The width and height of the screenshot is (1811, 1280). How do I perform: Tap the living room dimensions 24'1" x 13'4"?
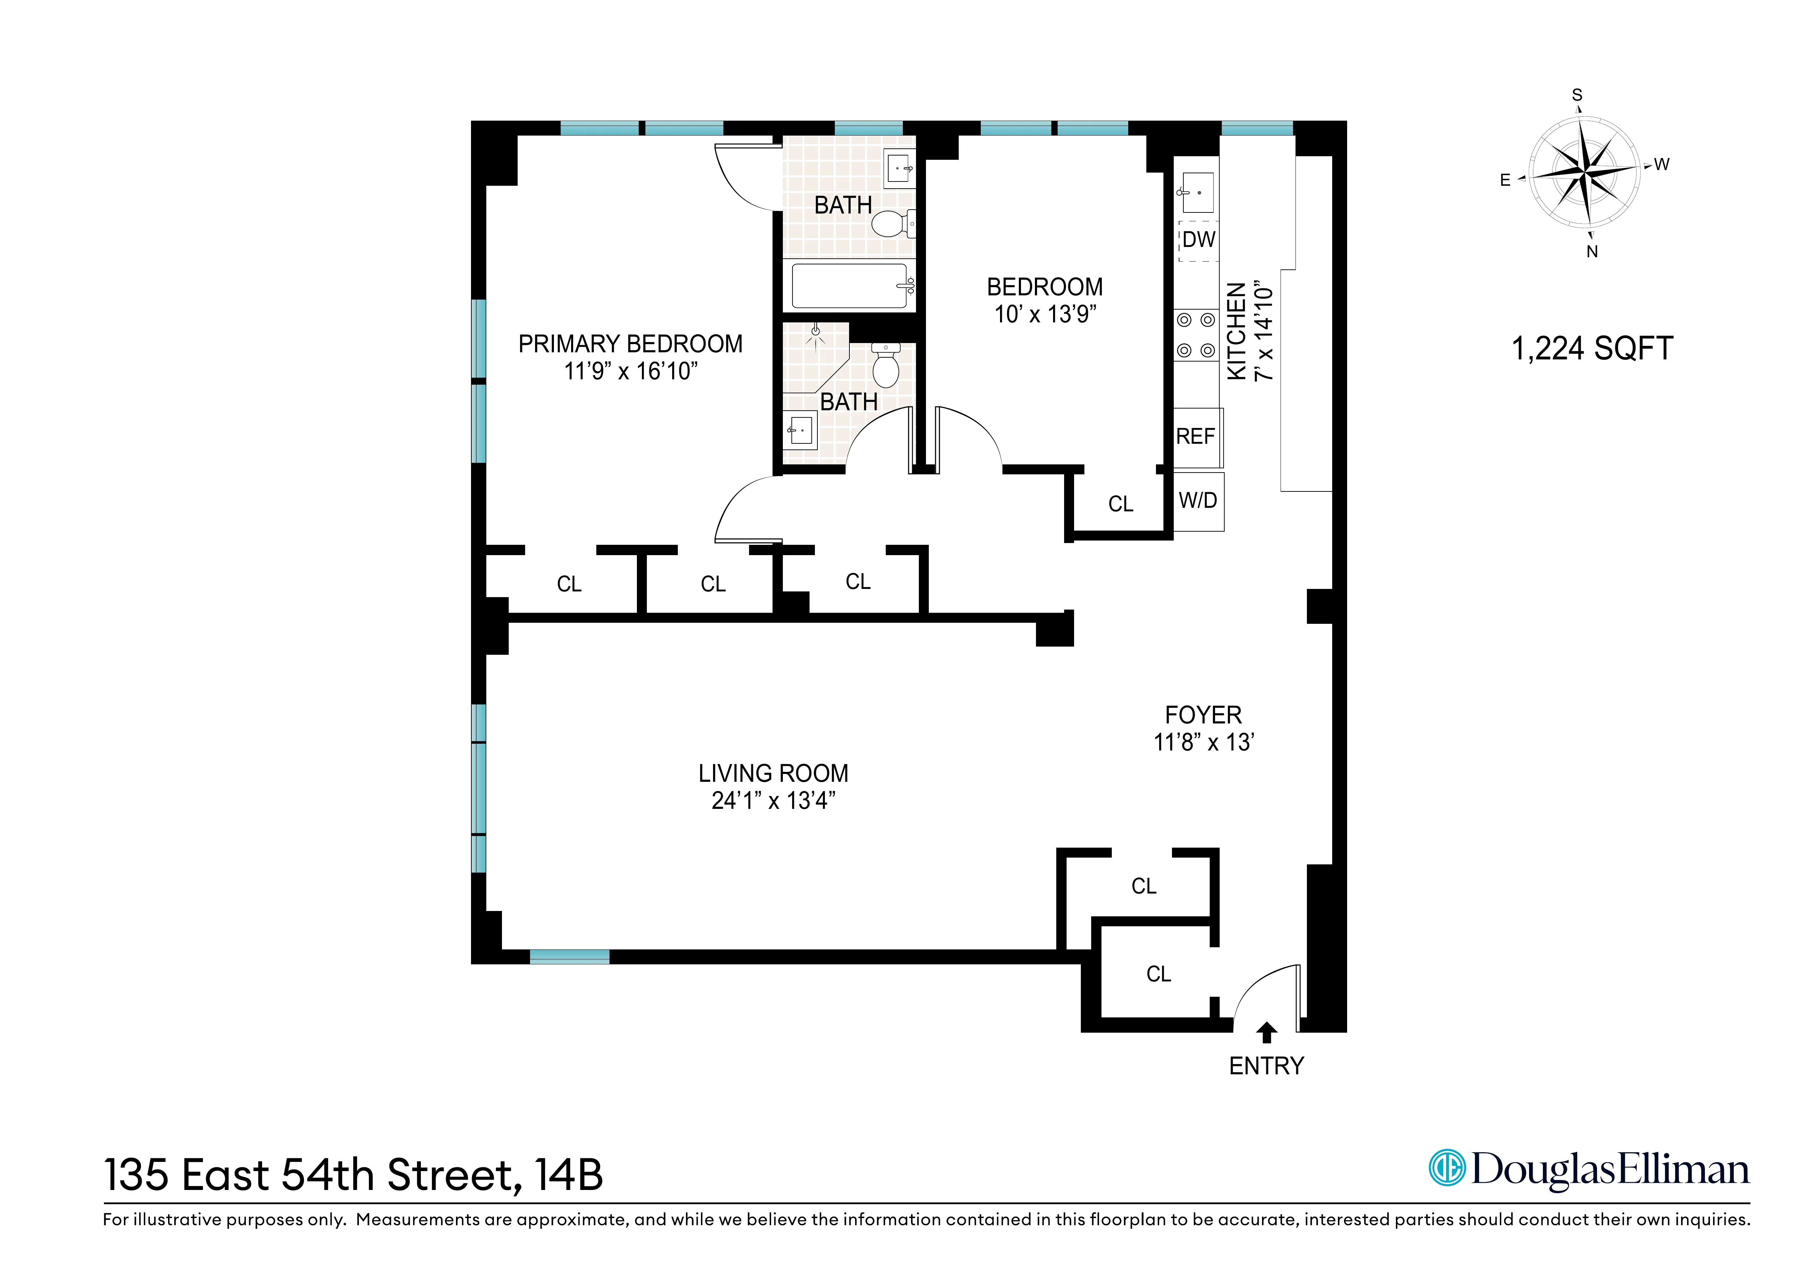[773, 801]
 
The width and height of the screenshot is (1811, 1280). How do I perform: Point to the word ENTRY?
[1266, 1066]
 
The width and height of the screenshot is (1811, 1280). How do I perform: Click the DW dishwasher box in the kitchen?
[1198, 240]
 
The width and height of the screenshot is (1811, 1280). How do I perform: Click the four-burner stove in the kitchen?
[1196, 335]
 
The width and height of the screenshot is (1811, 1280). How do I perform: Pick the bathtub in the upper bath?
[850, 285]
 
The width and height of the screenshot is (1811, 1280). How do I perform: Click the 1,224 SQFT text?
[1592, 349]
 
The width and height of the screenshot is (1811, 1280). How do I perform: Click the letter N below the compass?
[1592, 252]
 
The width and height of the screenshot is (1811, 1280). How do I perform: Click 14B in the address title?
[568, 1175]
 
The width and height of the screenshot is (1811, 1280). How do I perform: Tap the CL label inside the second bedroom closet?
[1120, 504]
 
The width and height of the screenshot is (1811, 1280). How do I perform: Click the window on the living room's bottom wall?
[570, 957]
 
